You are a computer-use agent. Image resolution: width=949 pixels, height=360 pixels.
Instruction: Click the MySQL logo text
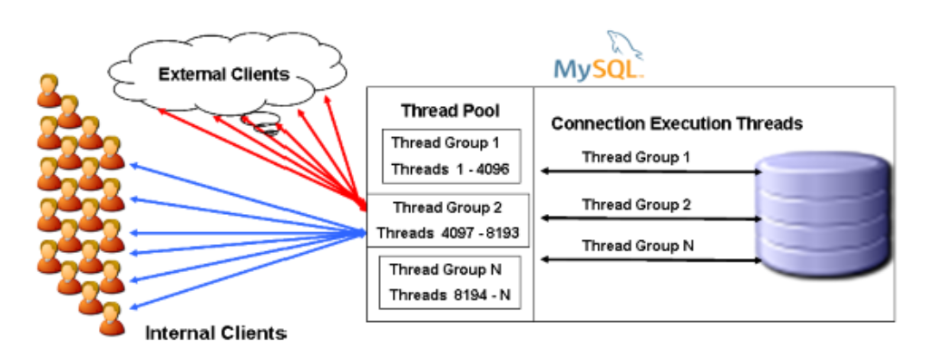597,70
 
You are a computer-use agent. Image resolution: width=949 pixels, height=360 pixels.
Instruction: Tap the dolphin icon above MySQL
624,44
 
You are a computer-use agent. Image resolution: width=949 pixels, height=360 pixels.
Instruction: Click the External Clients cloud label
224,74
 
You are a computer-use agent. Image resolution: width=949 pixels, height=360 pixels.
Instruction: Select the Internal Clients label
215,333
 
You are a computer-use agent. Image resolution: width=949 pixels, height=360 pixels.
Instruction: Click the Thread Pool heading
450,112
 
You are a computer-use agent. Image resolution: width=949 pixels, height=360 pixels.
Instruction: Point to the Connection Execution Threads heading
677,123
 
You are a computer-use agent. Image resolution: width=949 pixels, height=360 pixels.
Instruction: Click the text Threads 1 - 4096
451,170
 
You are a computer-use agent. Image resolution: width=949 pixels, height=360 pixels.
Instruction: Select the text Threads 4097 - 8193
448,233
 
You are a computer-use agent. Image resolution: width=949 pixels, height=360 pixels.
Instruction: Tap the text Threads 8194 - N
449,295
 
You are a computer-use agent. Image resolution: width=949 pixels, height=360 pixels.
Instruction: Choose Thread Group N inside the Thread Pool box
446,269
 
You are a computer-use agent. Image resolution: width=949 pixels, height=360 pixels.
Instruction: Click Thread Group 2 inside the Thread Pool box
448,208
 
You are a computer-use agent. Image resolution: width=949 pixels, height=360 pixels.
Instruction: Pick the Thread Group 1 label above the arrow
635,157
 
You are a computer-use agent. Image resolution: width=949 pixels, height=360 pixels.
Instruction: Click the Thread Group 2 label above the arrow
636,205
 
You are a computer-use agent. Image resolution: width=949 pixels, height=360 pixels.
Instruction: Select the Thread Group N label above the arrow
638,246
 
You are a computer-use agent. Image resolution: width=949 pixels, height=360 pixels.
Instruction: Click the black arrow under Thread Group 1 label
651,171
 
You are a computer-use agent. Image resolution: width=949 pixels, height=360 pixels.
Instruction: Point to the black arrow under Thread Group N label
651,259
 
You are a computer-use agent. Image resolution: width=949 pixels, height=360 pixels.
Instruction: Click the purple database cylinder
824,213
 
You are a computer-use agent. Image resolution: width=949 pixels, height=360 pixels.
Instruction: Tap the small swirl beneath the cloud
261,122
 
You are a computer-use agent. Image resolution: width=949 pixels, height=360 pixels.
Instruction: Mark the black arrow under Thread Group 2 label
651,218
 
